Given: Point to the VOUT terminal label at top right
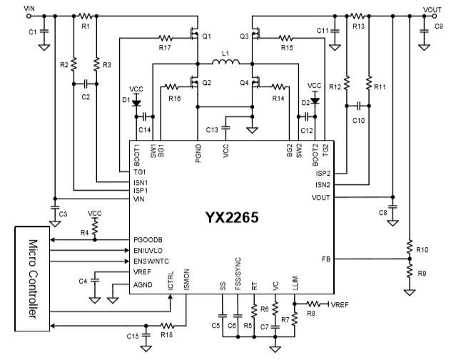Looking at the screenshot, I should [432, 8].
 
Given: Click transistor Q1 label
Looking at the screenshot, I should [207, 36].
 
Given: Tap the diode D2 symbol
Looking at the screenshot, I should [314, 102].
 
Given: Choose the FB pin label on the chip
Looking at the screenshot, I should [325, 259].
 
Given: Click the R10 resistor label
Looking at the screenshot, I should [422, 249].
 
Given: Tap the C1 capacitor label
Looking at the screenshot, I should [32, 33].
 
